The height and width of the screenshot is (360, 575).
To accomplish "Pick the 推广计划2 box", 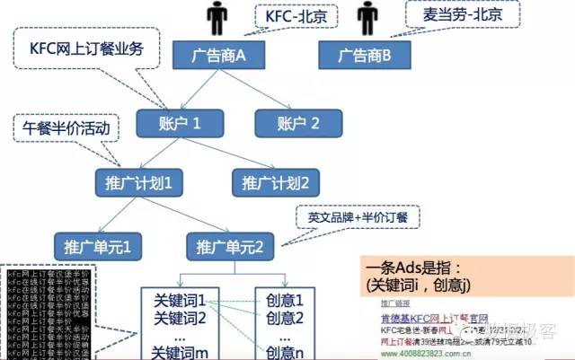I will (x=276, y=182).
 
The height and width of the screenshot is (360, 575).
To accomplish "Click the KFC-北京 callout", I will (x=294, y=16).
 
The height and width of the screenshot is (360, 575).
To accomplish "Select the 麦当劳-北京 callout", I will (x=454, y=14).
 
